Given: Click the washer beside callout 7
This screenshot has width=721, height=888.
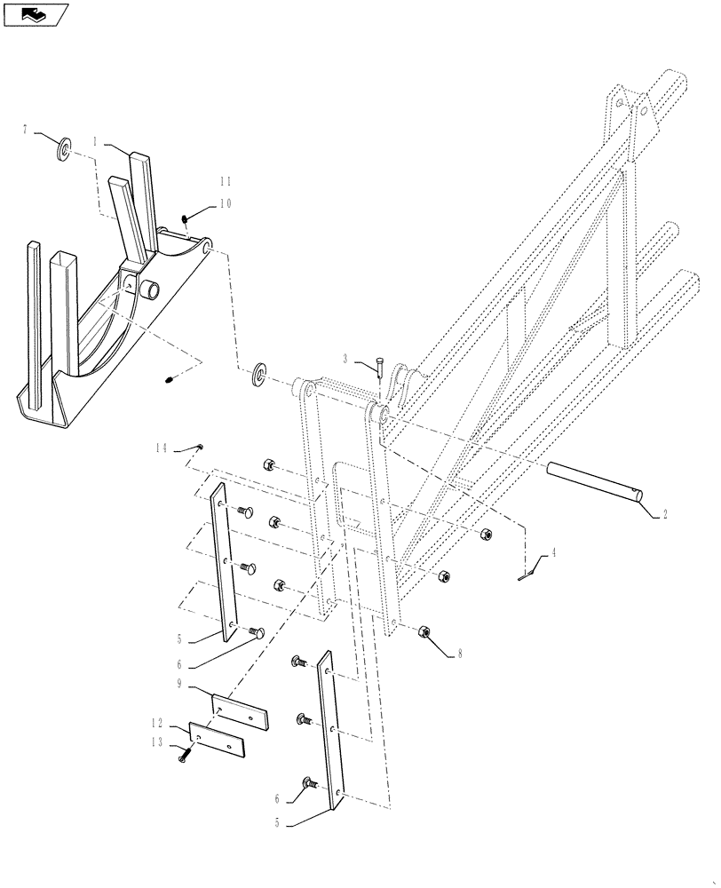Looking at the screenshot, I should coord(67,148).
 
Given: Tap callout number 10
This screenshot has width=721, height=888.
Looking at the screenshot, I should coord(225,202).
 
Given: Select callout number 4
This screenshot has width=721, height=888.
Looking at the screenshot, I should coord(553,552).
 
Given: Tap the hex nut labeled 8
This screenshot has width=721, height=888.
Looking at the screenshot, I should coord(424,631).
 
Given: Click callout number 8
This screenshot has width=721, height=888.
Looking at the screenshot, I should coord(460,654).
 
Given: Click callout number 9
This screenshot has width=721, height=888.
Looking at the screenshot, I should coord(180,684).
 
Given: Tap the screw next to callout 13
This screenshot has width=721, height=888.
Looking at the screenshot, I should coord(186,755).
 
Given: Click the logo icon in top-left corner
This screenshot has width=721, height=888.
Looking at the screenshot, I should coord(36,14).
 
